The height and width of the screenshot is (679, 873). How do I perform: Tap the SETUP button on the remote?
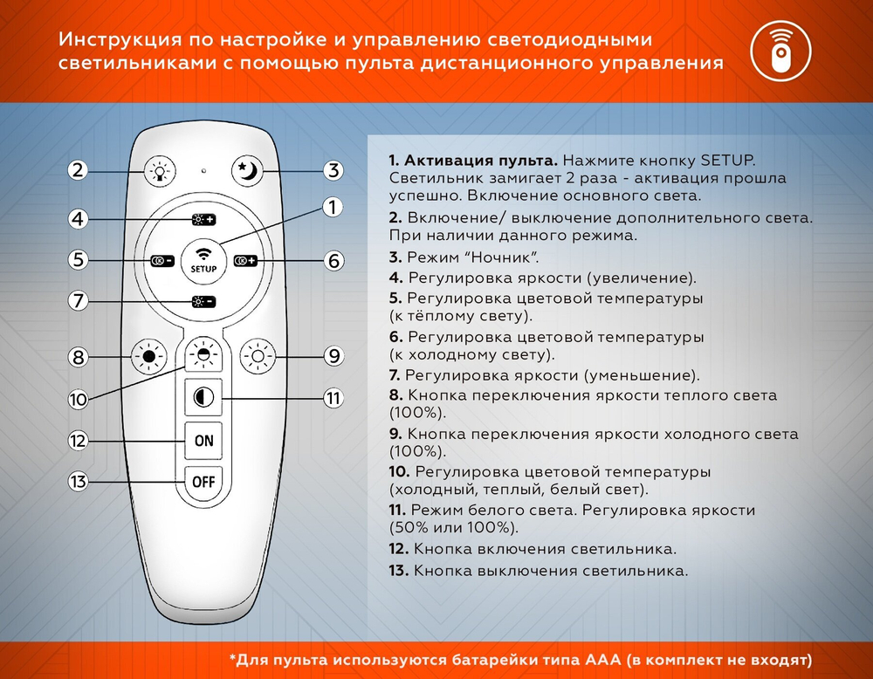click(x=203, y=260)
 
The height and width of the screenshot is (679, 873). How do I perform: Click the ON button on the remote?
click(x=203, y=441)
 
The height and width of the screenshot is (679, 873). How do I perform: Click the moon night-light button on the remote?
click(x=248, y=171)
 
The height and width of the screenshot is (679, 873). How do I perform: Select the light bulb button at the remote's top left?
click(x=160, y=171)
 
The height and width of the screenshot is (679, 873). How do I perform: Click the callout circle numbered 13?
click(x=79, y=481)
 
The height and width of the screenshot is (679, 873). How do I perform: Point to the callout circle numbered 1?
click(x=332, y=208)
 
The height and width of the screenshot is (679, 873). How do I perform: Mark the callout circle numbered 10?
click(x=79, y=399)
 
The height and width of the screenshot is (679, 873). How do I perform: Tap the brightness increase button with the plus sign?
click(x=203, y=219)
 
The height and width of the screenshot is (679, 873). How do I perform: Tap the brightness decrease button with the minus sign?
click(x=203, y=302)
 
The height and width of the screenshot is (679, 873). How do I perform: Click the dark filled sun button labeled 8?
click(x=148, y=356)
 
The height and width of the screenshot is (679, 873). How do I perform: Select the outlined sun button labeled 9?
click(x=258, y=356)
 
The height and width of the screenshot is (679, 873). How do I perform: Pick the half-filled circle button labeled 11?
click(x=203, y=398)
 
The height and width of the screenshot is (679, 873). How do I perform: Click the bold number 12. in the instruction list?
click(x=399, y=550)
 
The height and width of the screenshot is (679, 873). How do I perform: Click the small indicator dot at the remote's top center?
click(x=203, y=169)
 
